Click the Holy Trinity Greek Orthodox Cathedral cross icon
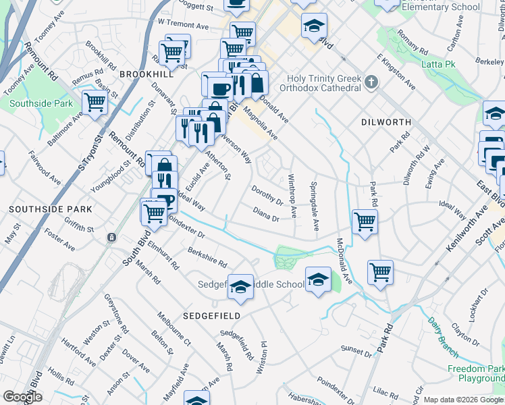[370, 83]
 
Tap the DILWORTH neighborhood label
[386, 122]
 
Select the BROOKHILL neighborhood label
[142, 74]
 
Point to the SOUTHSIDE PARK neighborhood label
[41, 210]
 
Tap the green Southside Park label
[41, 104]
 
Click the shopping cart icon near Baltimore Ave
[95, 103]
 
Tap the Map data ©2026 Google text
[462, 400]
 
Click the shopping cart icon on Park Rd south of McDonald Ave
[381, 271]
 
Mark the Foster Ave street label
[59, 241]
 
